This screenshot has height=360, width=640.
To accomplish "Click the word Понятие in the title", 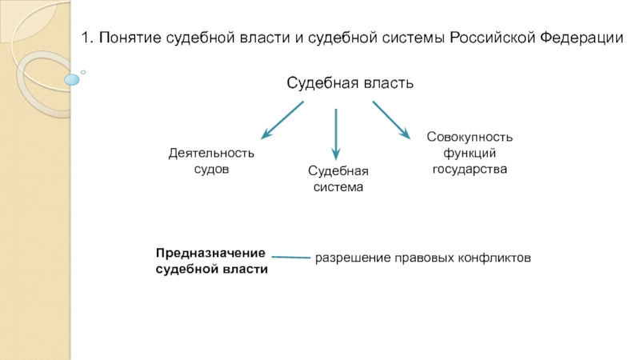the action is pos(130,38).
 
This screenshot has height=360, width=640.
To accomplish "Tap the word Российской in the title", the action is pos(493,38).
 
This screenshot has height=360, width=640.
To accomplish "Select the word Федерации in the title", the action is pos(582,38).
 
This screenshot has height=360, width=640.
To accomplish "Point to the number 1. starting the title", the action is pos(88,38).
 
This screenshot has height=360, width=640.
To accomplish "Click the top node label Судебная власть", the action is pos(350,83).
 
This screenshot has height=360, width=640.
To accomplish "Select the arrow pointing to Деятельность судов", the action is pos(282,121).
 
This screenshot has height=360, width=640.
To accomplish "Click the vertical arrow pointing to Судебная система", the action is pos(336,134).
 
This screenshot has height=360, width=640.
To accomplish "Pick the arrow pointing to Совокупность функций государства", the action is pos(391,121).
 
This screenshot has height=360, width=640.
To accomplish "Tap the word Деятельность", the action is pos(211,153).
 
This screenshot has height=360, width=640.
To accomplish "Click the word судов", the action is pos(211,170).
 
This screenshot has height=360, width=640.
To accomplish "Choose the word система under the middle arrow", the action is pos(338,187).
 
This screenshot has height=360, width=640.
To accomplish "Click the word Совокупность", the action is pos(470,137).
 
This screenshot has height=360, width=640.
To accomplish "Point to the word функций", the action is pos(470,153).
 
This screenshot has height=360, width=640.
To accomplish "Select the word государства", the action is pos(470,170).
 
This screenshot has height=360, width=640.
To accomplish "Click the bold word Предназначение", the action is pos(210,253).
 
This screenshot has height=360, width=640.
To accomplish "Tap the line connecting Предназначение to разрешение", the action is pos(291,257).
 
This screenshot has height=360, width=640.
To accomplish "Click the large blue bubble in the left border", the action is pos(72,79).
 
